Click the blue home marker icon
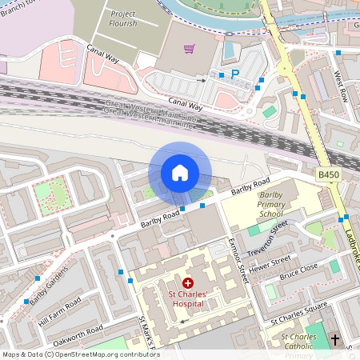179,173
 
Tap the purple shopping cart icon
190,50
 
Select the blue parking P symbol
235,74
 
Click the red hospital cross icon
188,283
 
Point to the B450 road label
329,174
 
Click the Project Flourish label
122,19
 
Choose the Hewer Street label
269,265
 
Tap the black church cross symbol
335,340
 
